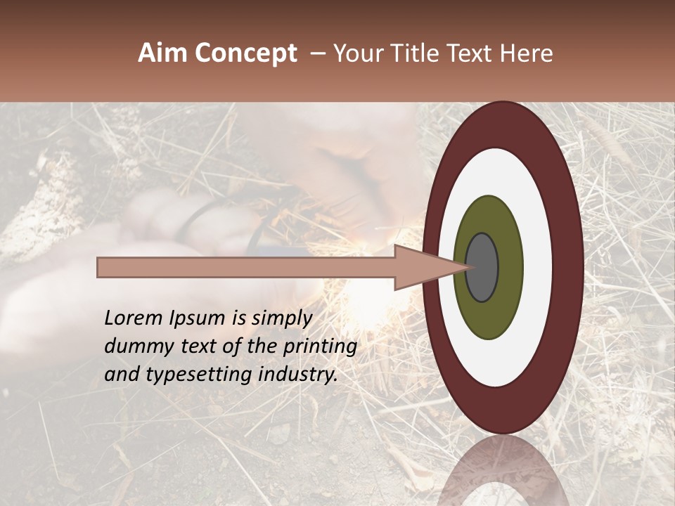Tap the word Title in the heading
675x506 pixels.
(x=420, y=53)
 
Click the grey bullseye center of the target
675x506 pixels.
(x=482, y=267)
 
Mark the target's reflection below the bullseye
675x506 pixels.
(x=503, y=471)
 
